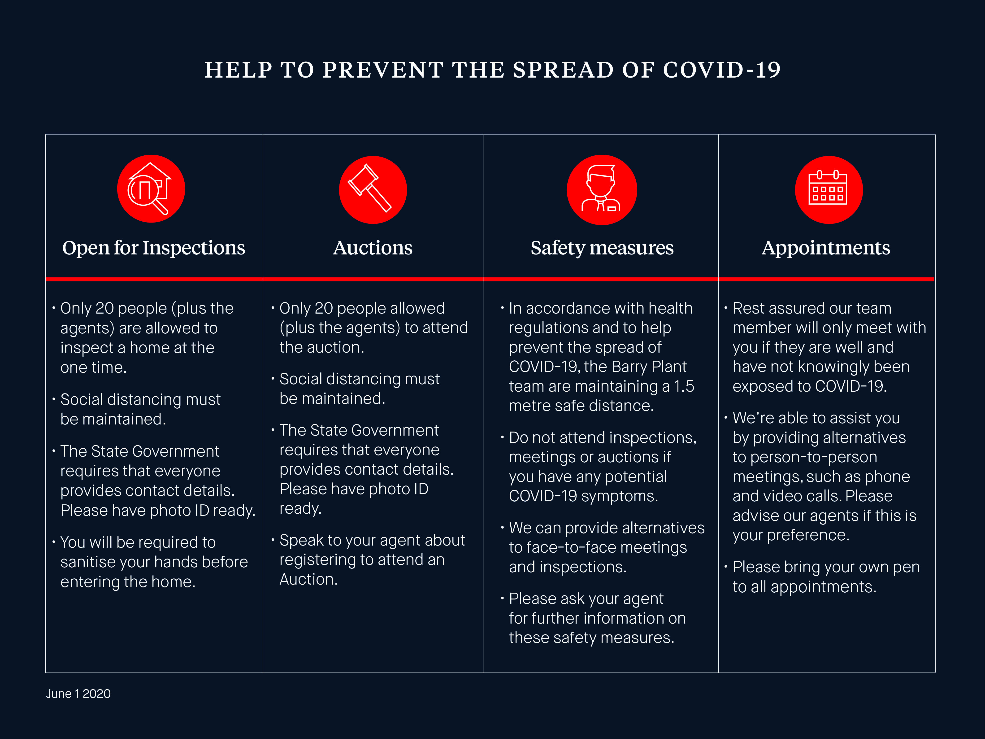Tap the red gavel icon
tap(373, 190)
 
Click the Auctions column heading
tap(373, 248)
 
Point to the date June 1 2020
tap(78, 694)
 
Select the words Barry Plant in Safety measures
tap(649, 367)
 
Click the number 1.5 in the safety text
tap(684, 386)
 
